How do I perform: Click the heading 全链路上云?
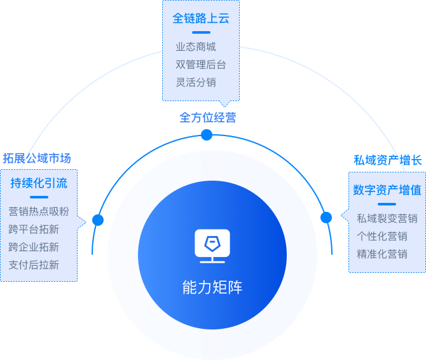(x=201, y=18)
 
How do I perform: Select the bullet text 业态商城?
(x=196, y=46)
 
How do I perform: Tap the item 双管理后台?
(x=201, y=64)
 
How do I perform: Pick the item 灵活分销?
(x=196, y=82)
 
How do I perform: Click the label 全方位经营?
(x=207, y=118)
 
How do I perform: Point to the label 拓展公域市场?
(x=37, y=158)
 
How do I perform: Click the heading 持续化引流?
(x=39, y=184)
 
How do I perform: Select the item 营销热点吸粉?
(x=39, y=212)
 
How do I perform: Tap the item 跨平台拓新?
(x=34, y=230)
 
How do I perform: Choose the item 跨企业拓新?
(x=34, y=247)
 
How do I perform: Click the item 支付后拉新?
(x=34, y=265)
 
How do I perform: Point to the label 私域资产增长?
(x=388, y=160)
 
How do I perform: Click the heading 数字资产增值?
(x=387, y=190)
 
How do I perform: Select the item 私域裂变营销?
(x=387, y=218)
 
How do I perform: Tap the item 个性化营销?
(x=382, y=236)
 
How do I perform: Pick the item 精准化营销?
(x=382, y=254)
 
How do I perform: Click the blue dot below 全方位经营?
(x=206, y=135)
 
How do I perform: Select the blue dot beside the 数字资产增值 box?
(x=326, y=218)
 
